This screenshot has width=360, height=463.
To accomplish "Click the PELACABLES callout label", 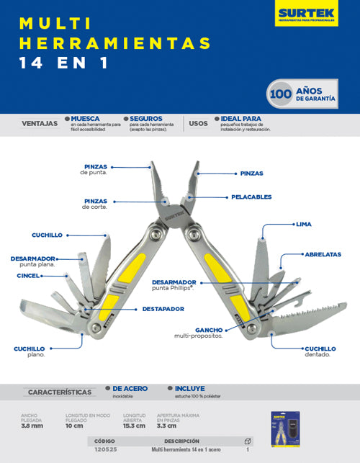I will pyautogui.click(x=251, y=197).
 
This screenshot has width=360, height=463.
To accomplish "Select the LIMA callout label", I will pyautogui.click(x=304, y=224).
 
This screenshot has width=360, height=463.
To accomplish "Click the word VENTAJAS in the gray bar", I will pyautogui.click(x=40, y=123).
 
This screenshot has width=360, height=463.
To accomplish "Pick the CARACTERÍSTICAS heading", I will pyautogui.click(x=59, y=392).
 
